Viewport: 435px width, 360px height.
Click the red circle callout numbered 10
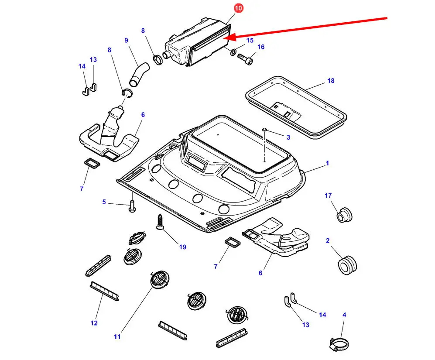click(239, 8)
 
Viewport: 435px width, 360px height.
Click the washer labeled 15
click(234, 52)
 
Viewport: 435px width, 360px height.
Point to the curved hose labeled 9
click(138, 74)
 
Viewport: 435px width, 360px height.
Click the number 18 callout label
click(331, 81)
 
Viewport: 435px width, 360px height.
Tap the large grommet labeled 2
click(347, 263)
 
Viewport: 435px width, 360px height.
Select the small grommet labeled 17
click(344, 215)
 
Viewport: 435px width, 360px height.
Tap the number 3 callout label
click(288, 137)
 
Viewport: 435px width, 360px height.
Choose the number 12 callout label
click(94, 323)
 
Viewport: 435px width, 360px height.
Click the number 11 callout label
click(117, 336)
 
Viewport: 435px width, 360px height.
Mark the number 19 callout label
click(182, 247)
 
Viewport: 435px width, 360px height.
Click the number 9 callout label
click(126, 41)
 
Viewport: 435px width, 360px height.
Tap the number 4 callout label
click(344, 315)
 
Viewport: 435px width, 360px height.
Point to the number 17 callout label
click(328, 195)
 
